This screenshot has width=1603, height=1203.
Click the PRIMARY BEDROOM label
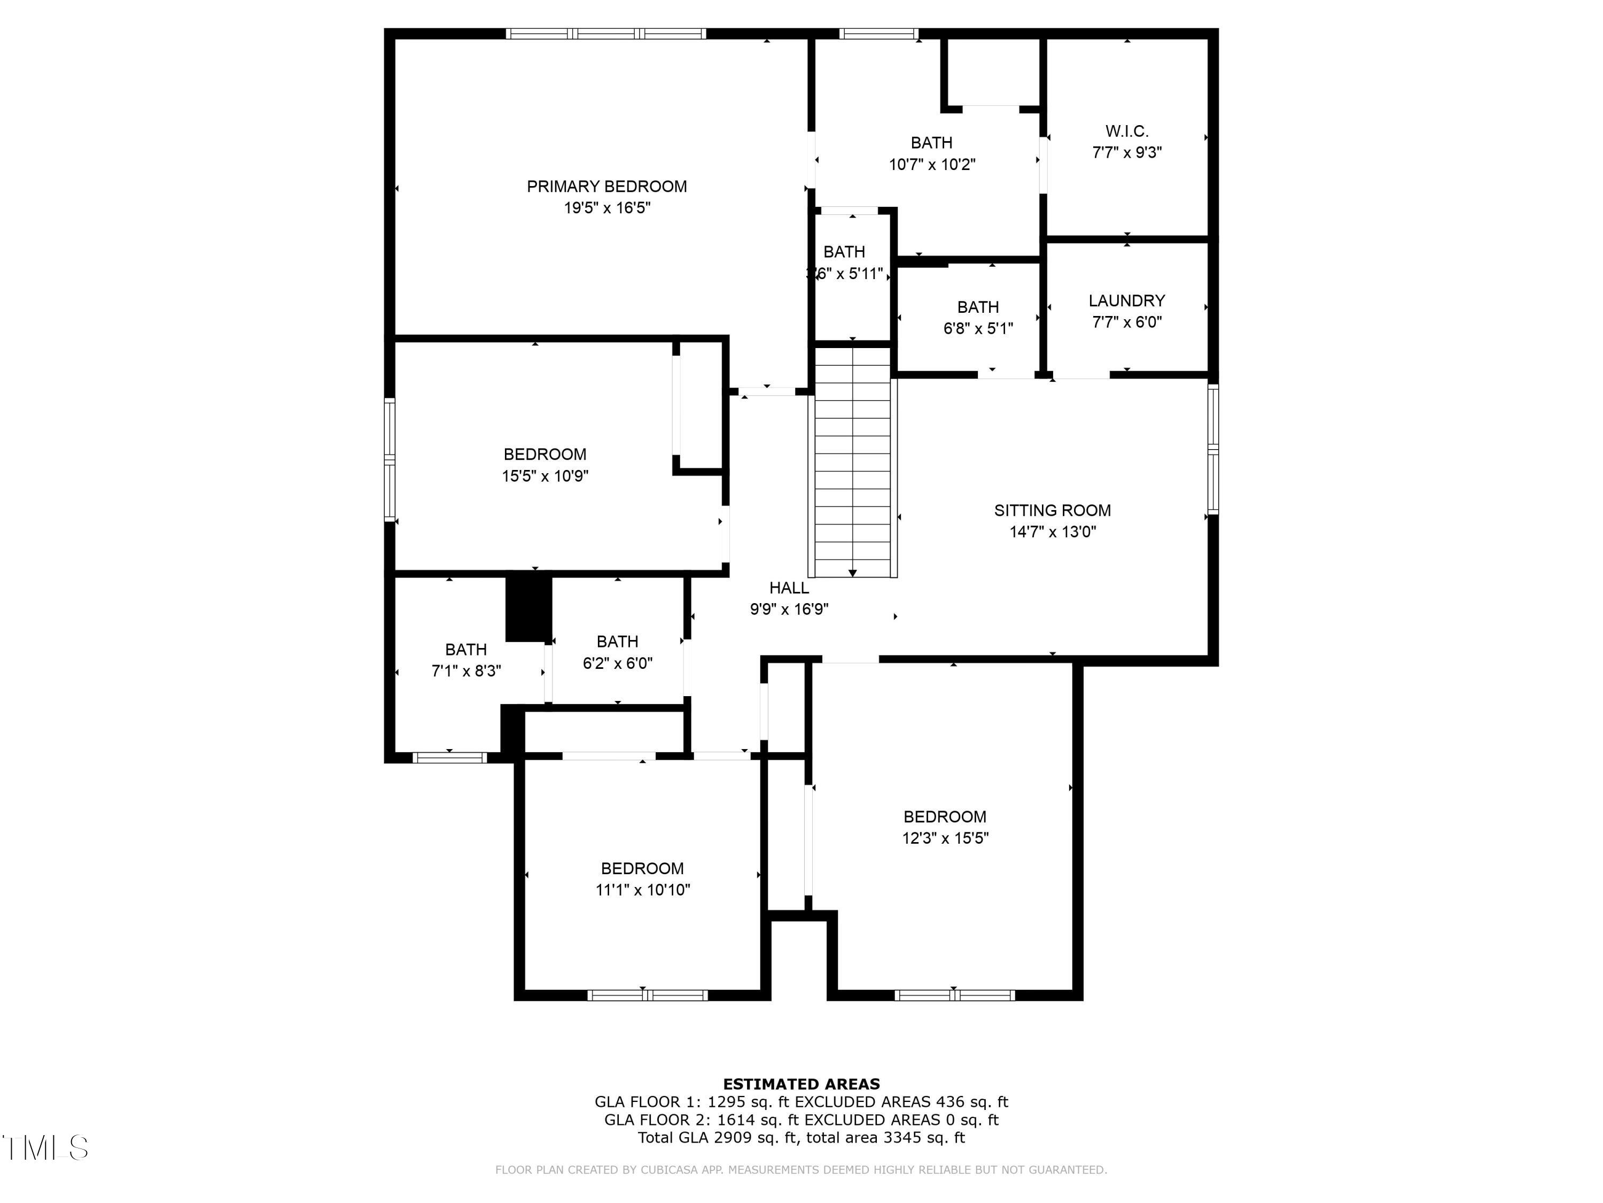click(606, 187)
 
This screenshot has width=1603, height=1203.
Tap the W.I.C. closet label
click(1126, 131)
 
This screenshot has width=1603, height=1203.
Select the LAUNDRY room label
click(1126, 300)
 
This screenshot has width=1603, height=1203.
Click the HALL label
click(789, 588)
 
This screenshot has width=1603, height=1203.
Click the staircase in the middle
click(852, 464)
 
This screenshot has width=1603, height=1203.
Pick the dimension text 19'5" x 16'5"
click(606, 208)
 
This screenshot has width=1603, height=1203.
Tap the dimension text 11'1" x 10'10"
click(642, 890)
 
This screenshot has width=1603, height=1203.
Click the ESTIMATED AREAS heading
click(801, 1084)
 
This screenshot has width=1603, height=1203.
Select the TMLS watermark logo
click(45, 1148)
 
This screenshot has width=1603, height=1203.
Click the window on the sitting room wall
click(1212, 450)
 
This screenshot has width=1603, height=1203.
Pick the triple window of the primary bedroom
click(606, 33)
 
